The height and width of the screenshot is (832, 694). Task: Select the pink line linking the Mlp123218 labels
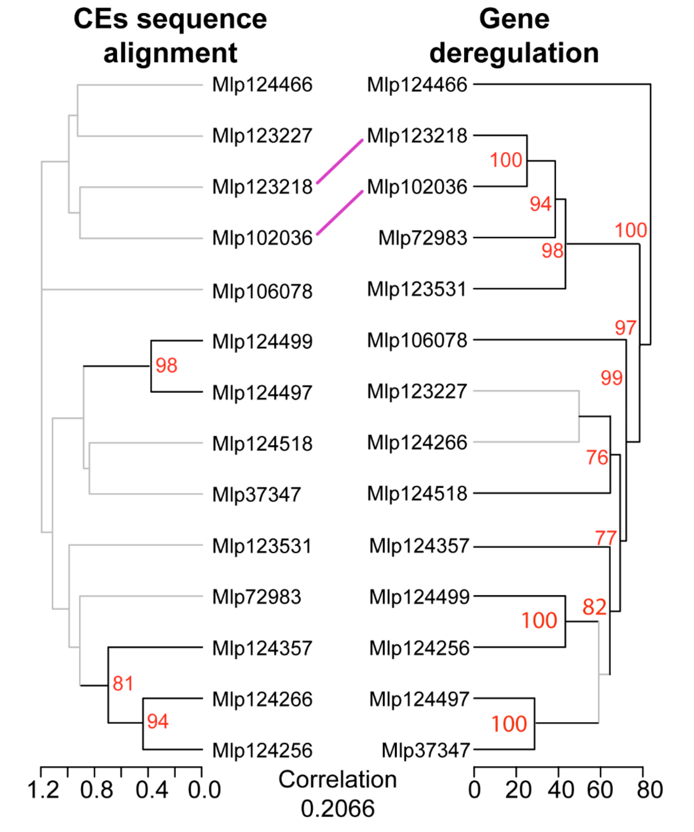click(x=340, y=161)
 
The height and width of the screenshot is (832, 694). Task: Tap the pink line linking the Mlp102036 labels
click(x=340, y=213)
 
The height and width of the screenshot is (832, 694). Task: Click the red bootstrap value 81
click(x=123, y=683)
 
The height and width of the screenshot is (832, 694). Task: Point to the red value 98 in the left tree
click(x=166, y=365)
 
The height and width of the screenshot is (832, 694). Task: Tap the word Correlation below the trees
click(x=338, y=779)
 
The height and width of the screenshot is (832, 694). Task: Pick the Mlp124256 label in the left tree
click(x=262, y=750)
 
